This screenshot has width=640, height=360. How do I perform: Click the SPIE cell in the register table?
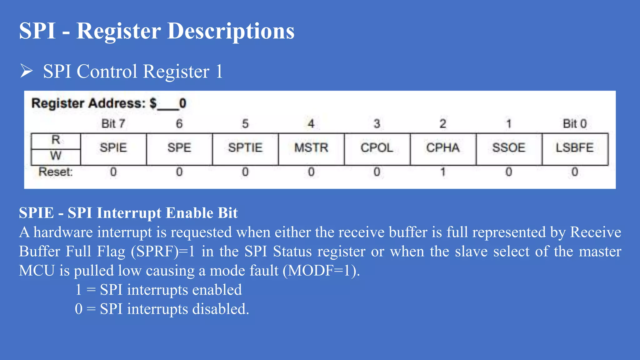[x=113, y=148]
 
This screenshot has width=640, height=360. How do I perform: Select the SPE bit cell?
[x=179, y=148]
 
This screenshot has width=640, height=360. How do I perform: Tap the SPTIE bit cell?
[x=245, y=148]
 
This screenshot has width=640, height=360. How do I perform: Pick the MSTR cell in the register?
[x=311, y=148]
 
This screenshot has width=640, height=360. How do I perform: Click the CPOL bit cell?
[x=377, y=148]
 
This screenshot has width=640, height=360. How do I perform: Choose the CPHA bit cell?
[x=443, y=148]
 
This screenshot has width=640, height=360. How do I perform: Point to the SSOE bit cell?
[x=509, y=148]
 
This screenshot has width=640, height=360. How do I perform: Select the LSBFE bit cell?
[x=575, y=148]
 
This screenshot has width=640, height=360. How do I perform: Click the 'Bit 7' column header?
[x=113, y=124]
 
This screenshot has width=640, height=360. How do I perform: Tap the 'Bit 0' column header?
[x=575, y=124]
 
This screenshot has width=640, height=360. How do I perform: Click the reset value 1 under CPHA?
[x=443, y=172]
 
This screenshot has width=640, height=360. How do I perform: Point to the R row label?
[x=56, y=140]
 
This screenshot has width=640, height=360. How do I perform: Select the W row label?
[x=56, y=156]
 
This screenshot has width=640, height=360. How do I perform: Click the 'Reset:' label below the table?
[x=56, y=172]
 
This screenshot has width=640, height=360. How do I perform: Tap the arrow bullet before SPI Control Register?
[x=27, y=71]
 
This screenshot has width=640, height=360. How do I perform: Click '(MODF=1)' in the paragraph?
[x=321, y=271]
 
